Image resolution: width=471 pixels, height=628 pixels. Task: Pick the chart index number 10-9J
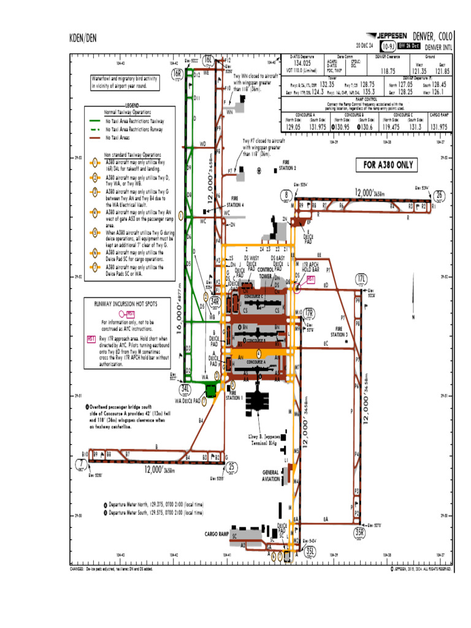[x=387, y=46]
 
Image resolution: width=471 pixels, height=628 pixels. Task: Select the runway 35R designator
[x=360, y=532]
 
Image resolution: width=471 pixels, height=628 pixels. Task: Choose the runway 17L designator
[x=362, y=279]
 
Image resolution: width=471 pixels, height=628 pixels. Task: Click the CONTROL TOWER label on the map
[x=266, y=273]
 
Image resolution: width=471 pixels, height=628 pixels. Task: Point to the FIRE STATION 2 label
[x=288, y=166]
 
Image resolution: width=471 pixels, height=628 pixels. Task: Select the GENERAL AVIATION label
[x=270, y=475]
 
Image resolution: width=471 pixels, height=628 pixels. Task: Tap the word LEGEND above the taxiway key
[x=134, y=105]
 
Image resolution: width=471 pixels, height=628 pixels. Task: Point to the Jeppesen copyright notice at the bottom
[x=419, y=569]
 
